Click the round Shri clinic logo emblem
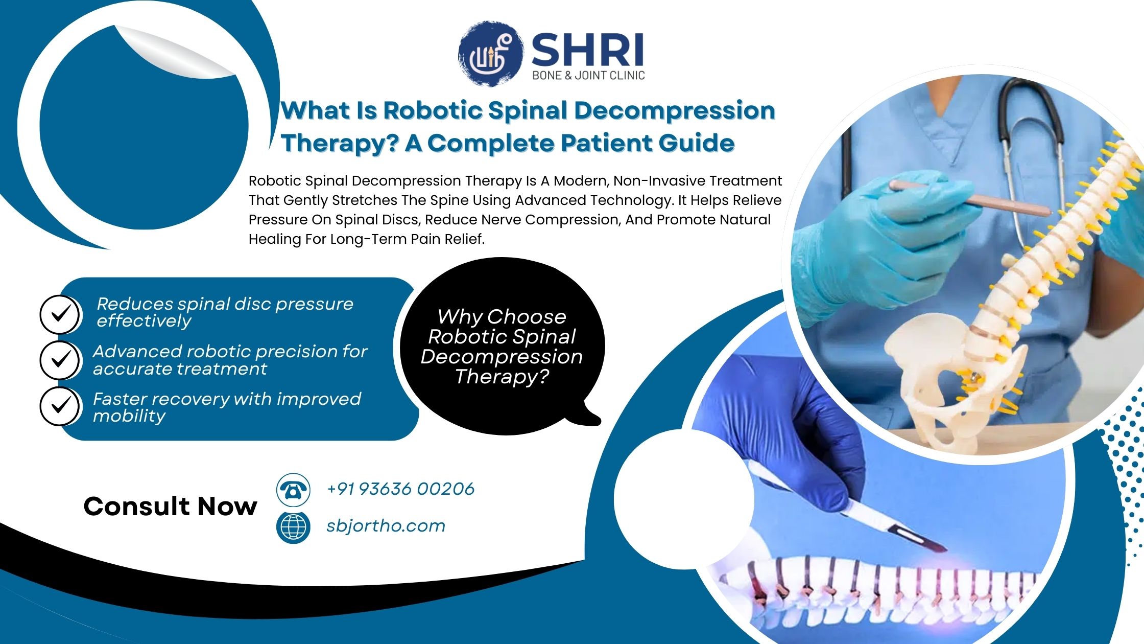[x=490, y=53]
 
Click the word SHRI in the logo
[x=587, y=50]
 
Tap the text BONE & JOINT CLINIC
[x=588, y=76]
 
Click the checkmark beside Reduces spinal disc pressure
[x=60, y=314]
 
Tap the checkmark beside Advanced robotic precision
[x=60, y=360]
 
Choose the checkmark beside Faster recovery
[x=60, y=406]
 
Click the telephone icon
[x=293, y=490]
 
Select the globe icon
[x=293, y=527]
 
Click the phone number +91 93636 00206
[x=400, y=489]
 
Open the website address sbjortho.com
[x=386, y=526]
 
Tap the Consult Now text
[x=170, y=507]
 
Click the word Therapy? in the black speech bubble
[x=502, y=377]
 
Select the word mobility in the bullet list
[x=129, y=416]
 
